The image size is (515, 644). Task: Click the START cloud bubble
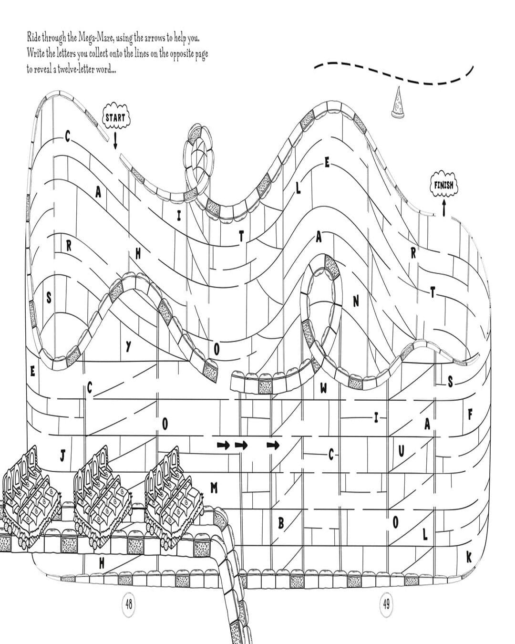(x=115, y=117)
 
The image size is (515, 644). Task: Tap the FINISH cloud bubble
(x=443, y=185)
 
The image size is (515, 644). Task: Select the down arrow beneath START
(x=115, y=141)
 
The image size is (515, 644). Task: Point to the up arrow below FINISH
(x=444, y=208)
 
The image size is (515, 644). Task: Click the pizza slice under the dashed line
(x=396, y=103)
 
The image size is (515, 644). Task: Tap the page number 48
(x=129, y=604)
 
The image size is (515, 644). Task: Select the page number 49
(x=386, y=604)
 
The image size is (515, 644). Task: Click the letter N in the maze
(x=356, y=301)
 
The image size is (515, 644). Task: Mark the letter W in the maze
(x=324, y=388)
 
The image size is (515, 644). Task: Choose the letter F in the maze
(x=470, y=414)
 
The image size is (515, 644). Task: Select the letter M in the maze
(x=214, y=487)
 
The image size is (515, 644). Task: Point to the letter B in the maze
(x=281, y=523)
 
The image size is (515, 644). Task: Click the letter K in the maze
(x=468, y=557)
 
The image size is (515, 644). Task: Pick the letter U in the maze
(x=401, y=450)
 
